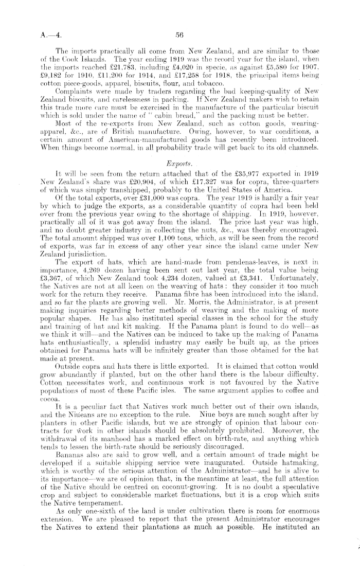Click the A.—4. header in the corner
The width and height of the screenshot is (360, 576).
(50, 35)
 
